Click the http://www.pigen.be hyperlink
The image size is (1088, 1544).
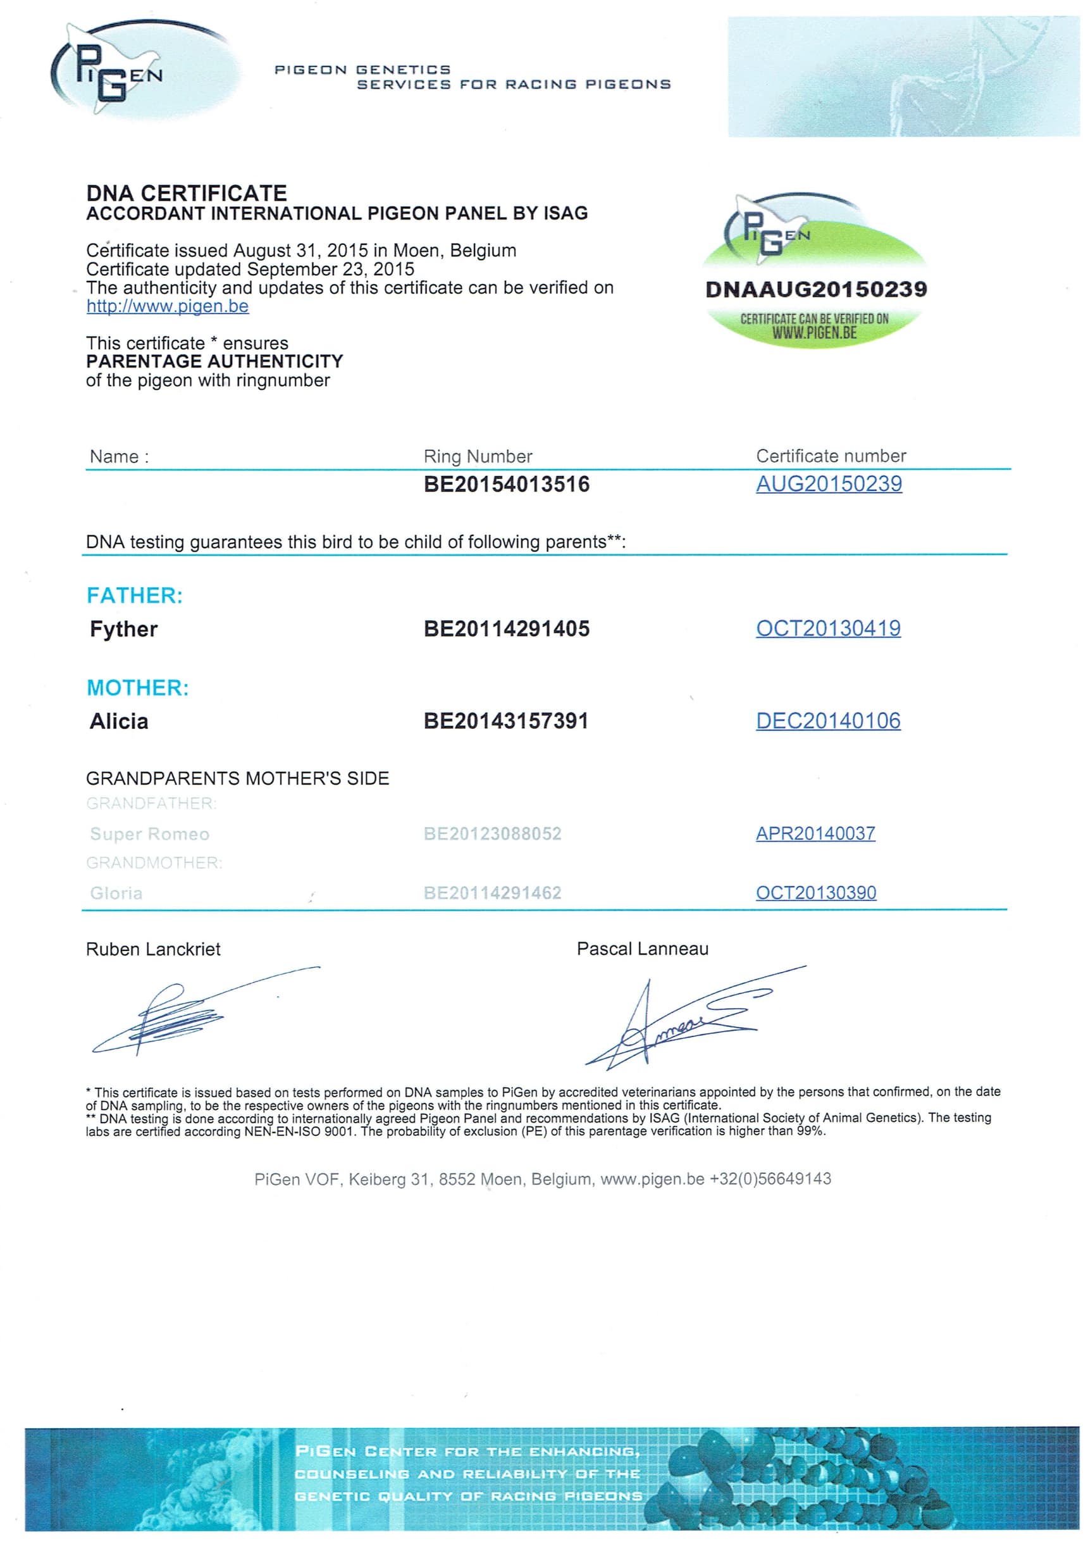pos(168,307)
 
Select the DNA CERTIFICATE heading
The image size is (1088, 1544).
pos(186,194)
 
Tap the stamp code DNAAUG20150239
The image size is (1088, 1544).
pos(815,290)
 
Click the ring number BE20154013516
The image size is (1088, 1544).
pos(506,485)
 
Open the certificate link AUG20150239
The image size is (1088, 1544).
pos(829,484)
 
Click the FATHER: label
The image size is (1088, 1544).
pos(135,596)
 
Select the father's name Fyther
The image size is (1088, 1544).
pos(124,630)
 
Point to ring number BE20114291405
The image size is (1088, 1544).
pos(506,630)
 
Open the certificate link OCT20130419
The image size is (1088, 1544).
pos(828,629)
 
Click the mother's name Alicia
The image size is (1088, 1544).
pos(119,721)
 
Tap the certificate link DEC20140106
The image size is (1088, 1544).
pos(828,721)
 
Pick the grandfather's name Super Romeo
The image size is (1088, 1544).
pos(149,835)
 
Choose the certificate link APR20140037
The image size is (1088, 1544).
pos(815,834)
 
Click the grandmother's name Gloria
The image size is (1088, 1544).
pos(116,893)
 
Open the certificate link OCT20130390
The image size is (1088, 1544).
pos(815,893)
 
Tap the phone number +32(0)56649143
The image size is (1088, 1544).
pos(770,1179)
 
